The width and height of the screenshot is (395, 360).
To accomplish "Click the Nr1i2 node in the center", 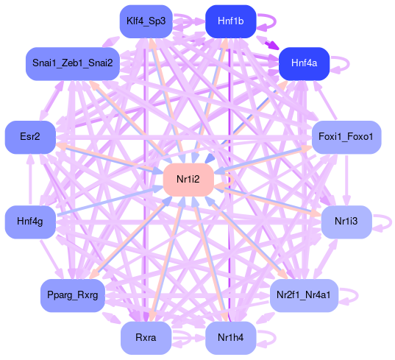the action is coord(188,180).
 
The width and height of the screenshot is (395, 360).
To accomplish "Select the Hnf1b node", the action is coord(231,21).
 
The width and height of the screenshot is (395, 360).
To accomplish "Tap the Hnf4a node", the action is coord(304,63).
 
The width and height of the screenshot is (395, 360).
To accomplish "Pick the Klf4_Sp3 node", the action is coord(146,21).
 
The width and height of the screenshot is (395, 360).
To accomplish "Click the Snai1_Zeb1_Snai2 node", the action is coord(73,63).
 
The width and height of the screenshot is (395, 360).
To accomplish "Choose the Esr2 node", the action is coord(30,137).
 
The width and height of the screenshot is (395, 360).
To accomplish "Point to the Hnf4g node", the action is coord(30,222).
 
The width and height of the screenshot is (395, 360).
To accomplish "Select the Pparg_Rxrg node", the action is coord(73,295).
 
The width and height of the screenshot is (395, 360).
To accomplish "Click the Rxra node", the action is coord(146,338).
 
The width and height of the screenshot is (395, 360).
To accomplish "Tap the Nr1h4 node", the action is coord(231,338).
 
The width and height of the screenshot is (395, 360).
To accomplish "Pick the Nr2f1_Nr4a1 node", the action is coord(304,295).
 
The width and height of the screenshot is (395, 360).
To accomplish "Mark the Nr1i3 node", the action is coord(346,222).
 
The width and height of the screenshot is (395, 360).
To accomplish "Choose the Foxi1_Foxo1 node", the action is coord(346,137).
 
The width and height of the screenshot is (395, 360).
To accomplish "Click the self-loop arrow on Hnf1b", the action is coord(275,21).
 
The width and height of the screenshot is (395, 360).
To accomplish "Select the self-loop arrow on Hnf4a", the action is coord(349,63).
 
